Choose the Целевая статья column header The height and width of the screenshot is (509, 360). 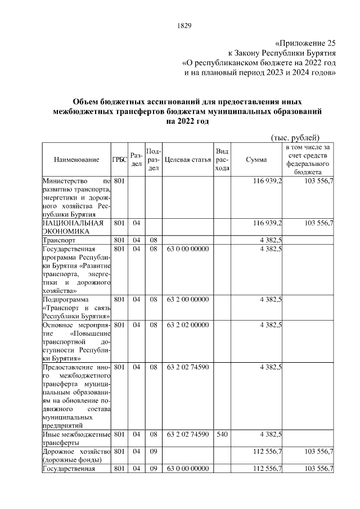coord(188,160)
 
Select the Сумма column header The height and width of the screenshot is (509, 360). coord(256,160)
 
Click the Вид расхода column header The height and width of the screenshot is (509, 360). coord(222,160)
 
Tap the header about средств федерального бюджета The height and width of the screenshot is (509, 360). coord(308,160)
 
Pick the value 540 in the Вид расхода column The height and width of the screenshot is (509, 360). coord(222,434)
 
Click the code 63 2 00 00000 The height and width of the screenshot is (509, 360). coord(188,300)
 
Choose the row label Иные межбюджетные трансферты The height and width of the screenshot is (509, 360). coord(75,438)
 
